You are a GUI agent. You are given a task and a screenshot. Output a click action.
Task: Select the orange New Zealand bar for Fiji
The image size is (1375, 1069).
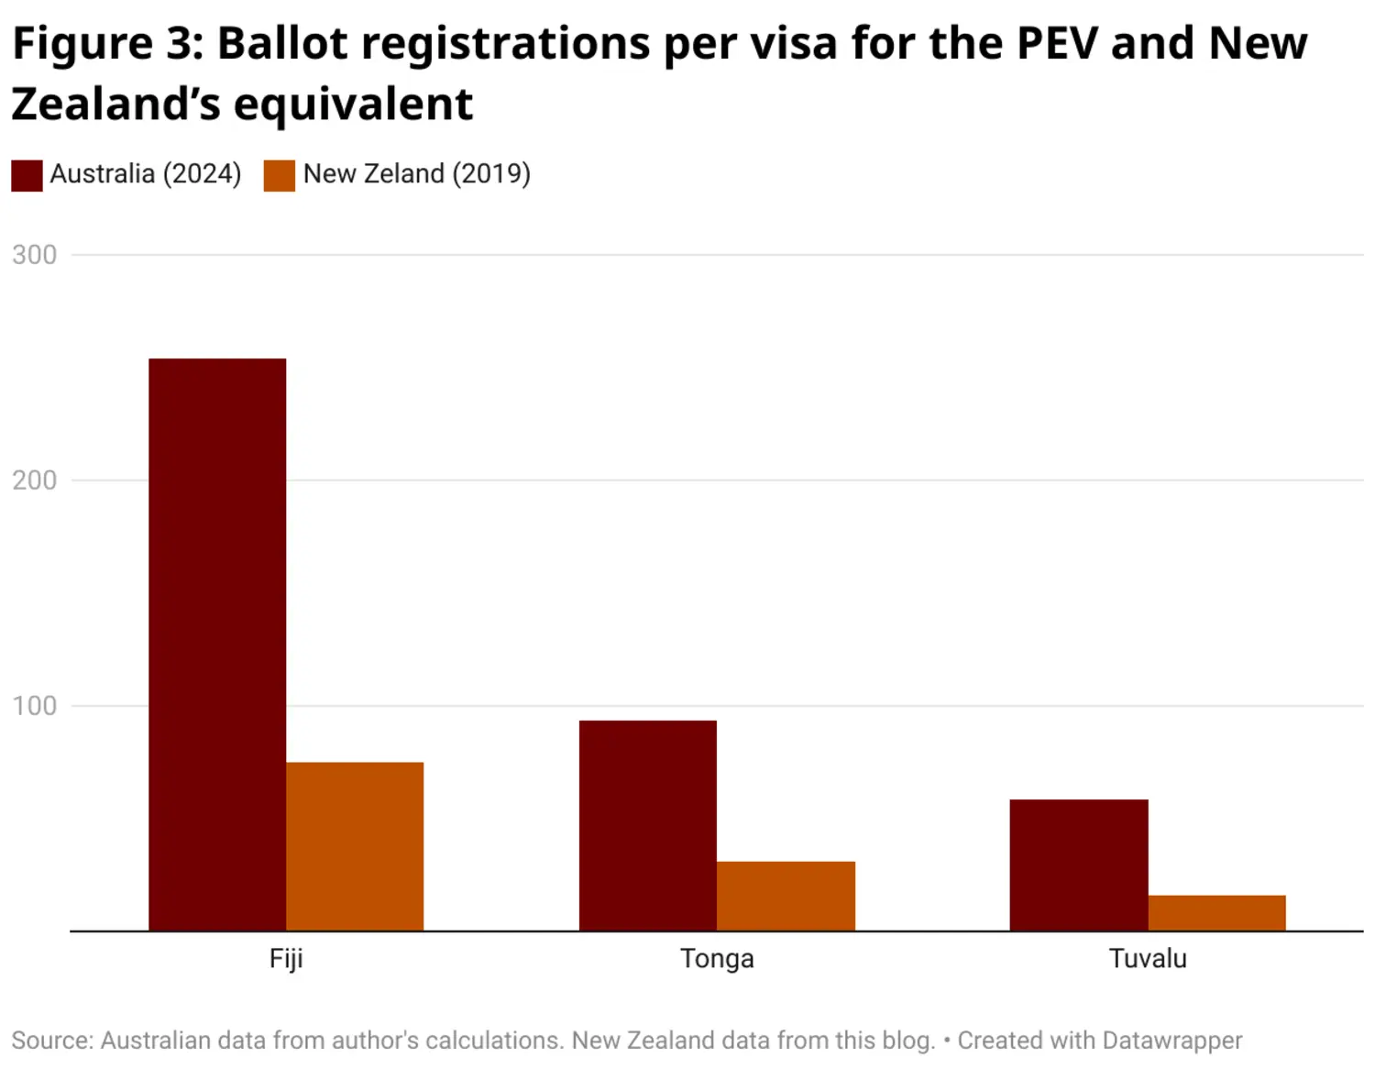coord(355,846)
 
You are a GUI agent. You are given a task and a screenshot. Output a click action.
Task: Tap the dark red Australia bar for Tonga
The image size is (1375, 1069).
coord(648,825)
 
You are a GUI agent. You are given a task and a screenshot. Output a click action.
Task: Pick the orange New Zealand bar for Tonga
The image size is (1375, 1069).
coord(786,896)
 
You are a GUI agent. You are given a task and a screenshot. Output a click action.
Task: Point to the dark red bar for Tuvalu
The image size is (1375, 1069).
coord(1079,865)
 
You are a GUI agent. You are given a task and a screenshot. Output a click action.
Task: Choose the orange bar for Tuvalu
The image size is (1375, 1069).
coord(1216,913)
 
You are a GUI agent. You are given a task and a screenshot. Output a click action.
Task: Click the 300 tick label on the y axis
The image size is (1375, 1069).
coord(35,255)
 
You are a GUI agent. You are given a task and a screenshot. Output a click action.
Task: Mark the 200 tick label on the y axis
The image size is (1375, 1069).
coord(35,480)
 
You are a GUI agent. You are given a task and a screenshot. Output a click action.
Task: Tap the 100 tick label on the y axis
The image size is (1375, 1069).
coord(35,706)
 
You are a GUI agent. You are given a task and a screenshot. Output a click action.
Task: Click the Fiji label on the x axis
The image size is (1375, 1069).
coord(286,959)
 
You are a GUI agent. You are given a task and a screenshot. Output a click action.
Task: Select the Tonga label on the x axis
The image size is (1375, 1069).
coord(717,959)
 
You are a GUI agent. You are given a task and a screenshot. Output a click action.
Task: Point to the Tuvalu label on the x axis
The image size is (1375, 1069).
coord(1148,959)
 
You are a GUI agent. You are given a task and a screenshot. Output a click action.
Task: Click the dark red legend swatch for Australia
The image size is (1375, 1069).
coord(27,175)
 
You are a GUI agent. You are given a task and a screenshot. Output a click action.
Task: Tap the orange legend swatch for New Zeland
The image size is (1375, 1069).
coord(280,175)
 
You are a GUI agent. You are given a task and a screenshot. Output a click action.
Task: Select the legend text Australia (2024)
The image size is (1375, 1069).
coord(146,174)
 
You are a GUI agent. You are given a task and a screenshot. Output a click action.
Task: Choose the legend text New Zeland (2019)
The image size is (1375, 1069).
coord(417,174)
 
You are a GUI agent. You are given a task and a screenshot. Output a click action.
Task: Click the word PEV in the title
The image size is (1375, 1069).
coord(1057,44)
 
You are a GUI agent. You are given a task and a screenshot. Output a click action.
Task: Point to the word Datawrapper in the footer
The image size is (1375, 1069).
coord(1171,1041)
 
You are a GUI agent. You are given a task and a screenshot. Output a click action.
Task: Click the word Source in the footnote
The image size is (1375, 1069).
coord(51,1041)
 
